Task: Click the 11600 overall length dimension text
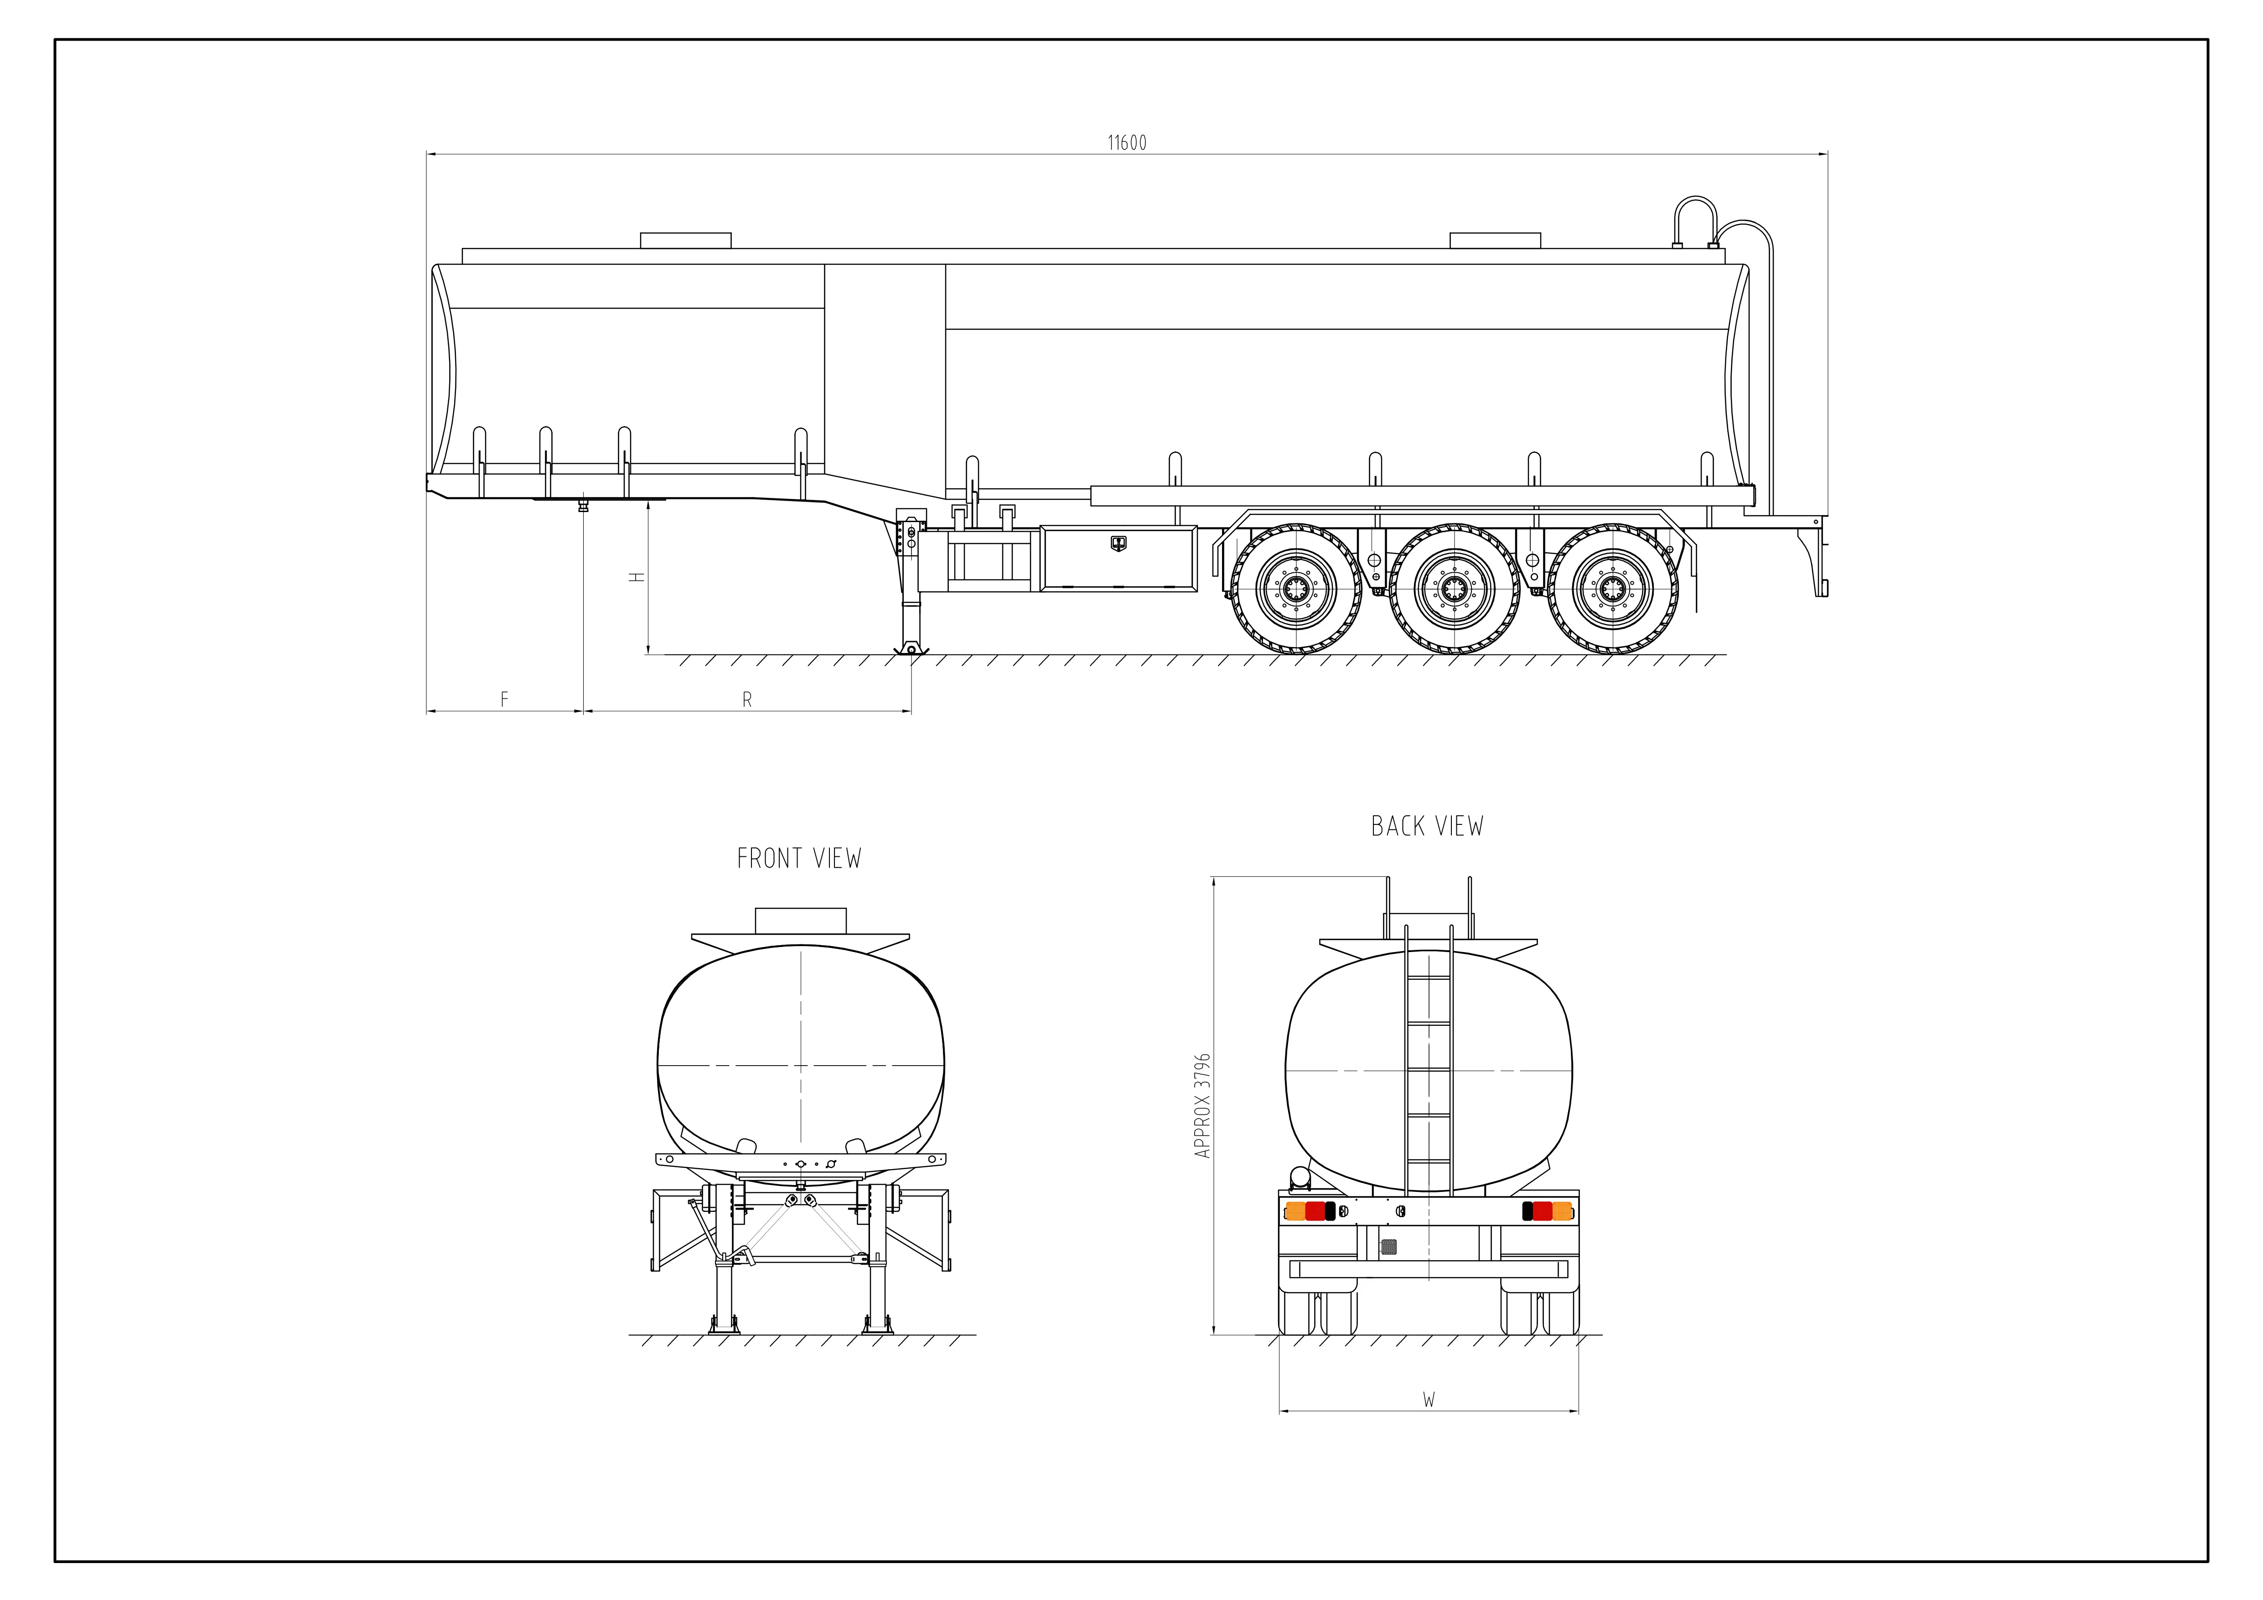coord(1127,143)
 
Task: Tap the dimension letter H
coord(638,577)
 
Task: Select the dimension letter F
coord(505,699)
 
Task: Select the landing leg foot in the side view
coord(911,647)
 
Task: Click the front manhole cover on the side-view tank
coord(686,241)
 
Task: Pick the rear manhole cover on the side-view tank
coord(1494,241)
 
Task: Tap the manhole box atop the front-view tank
coord(800,921)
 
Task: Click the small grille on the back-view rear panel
coord(1389,1247)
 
